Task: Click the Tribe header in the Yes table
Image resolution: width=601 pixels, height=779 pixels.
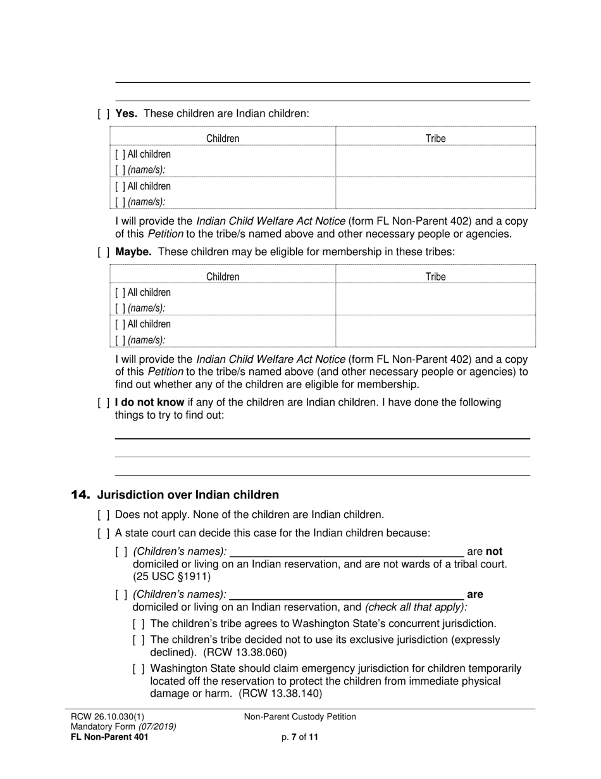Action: [435, 138]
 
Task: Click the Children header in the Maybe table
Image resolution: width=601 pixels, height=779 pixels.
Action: [223, 277]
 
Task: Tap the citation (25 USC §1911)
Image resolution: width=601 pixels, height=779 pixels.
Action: [172, 576]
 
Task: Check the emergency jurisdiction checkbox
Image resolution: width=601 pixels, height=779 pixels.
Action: [139, 669]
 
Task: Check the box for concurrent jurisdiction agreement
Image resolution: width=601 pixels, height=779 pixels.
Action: [139, 624]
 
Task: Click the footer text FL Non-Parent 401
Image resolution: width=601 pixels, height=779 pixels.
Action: [109, 737]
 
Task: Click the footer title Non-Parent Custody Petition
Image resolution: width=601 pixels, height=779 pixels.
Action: [300, 717]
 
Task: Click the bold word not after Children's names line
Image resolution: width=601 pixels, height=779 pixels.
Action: [494, 552]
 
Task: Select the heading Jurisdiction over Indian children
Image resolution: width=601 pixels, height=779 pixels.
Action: [188, 495]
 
